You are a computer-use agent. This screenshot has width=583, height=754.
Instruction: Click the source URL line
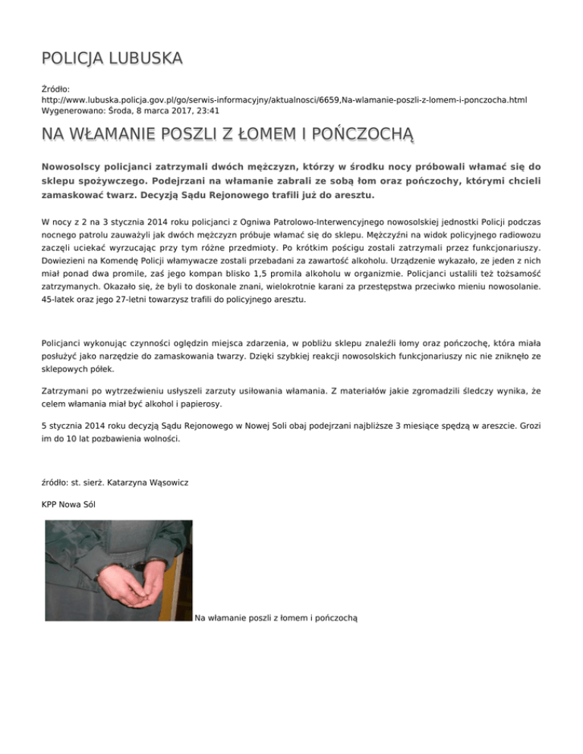coord(285,99)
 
